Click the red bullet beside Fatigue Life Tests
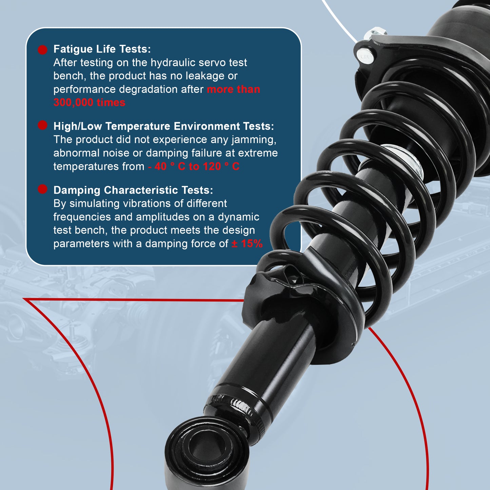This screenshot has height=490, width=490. click(x=42, y=50)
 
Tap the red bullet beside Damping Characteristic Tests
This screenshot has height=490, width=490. click(x=42, y=189)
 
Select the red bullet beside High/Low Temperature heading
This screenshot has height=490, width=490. click(x=42, y=125)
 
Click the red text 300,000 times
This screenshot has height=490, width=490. click(x=89, y=102)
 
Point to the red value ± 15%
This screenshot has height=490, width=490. click(x=247, y=243)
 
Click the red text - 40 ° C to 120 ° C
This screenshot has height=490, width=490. click(x=194, y=166)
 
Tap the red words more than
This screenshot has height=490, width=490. click(x=233, y=89)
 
